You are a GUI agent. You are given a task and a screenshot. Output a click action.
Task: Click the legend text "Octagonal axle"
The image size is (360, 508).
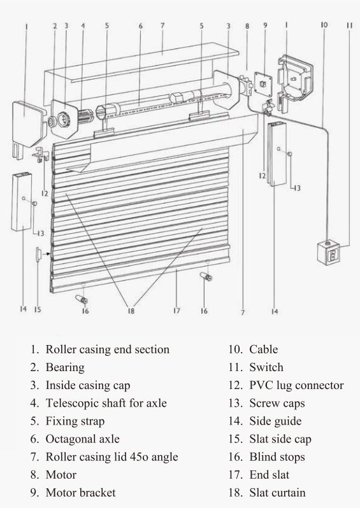[82, 439]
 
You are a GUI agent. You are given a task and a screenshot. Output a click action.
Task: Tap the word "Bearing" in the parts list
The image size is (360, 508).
[64, 367]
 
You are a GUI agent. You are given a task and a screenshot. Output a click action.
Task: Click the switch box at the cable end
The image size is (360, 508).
[328, 255]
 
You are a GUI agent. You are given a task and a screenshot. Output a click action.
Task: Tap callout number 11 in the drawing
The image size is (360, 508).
[349, 25]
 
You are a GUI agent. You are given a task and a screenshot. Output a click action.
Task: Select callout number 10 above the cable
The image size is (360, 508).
[324, 25]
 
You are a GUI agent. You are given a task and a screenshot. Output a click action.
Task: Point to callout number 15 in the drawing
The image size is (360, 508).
[38, 310]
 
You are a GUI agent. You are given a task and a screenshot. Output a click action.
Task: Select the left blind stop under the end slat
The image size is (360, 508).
[83, 298]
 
